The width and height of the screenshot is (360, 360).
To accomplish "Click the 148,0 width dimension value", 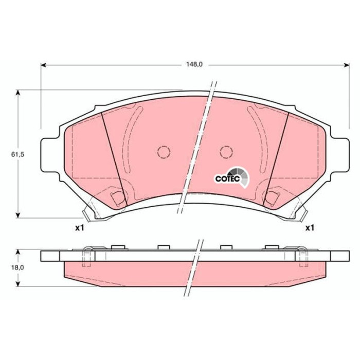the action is click(x=194, y=64).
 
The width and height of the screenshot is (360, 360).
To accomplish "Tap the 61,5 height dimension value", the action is click(x=17, y=154).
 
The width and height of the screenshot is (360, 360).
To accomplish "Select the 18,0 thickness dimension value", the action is click(x=17, y=268).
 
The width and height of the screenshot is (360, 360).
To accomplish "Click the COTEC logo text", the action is click(x=227, y=179).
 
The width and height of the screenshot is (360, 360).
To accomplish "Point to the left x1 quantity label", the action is click(x=80, y=228).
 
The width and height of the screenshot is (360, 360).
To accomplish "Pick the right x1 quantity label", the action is click(x=310, y=228).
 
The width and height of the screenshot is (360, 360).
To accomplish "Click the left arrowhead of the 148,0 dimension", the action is click(x=44, y=65).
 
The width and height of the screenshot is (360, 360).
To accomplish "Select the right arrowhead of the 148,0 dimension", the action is click(x=347, y=65).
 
